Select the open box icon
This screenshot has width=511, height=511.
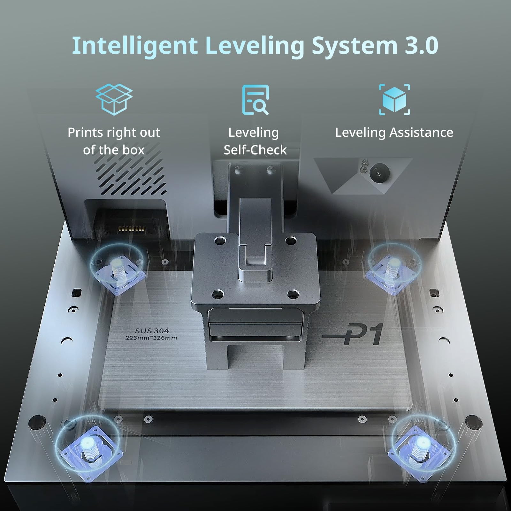point(114,99)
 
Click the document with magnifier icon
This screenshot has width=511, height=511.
point(255,100)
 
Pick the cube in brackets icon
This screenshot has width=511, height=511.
point(394,100)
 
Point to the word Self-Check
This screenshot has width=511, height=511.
point(255,150)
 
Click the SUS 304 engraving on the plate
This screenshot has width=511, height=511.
point(152,331)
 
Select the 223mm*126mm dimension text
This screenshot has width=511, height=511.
point(151,338)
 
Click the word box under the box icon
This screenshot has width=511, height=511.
point(132,150)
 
